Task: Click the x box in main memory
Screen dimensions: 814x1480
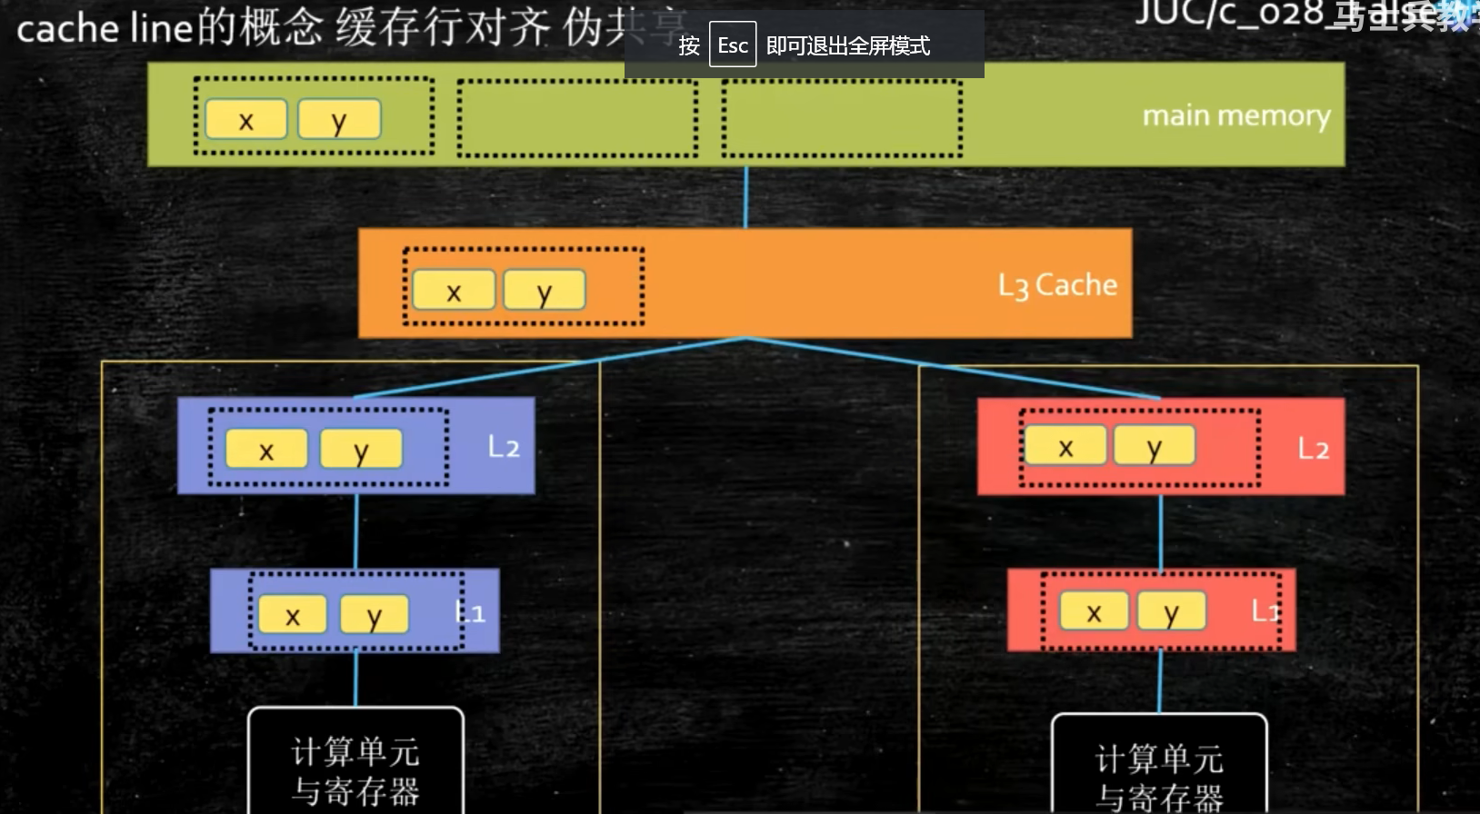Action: click(x=245, y=119)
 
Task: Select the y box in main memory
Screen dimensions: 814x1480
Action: click(x=338, y=119)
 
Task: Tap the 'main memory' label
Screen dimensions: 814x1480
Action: click(x=1235, y=115)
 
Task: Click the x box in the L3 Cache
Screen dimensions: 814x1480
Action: click(x=454, y=290)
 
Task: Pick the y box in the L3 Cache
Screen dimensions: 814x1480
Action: click(x=544, y=290)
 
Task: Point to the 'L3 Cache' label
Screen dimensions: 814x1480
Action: click(x=1057, y=285)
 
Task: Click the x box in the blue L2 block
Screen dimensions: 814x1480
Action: click(x=266, y=449)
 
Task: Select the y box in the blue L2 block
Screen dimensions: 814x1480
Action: click(x=360, y=449)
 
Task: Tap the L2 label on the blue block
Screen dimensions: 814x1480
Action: click(x=503, y=446)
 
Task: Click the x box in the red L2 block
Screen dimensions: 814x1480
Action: click(x=1065, y=445)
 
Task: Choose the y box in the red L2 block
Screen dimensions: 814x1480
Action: click(x=1154, y=445)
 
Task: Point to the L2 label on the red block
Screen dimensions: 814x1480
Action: click(x=1313, y=448)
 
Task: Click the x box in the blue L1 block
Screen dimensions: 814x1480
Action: click(x=292, y=614)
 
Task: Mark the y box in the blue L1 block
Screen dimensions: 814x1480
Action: click(x=374, y=614)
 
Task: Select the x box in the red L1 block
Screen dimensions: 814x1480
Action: click(x=1094, y=610)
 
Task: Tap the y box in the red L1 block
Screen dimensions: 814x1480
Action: click(x=1171, y=610)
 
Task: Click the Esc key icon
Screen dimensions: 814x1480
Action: click(x=733, y=45)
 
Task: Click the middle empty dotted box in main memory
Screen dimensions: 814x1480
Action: click(x=577, y=118)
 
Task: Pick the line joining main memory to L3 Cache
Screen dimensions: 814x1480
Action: click(x=745, y=197)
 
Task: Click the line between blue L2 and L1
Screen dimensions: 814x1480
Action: click(x=355, y=531)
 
